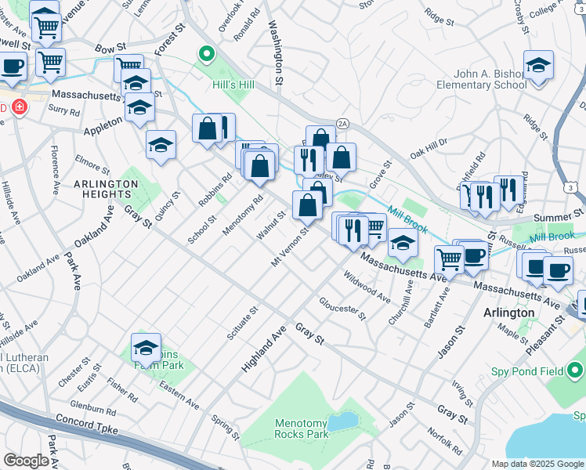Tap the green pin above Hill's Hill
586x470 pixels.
point(207,54)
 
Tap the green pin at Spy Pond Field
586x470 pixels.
point(576,368)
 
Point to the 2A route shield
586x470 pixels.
point(342,124)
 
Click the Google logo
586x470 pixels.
point(27,461)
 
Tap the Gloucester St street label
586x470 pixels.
point(342,308)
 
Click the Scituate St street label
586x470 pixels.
point(252,322)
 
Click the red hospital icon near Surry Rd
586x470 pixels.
point(17,108)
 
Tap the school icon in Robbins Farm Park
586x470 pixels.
point(146,346)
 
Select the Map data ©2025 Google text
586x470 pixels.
point(537,464)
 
